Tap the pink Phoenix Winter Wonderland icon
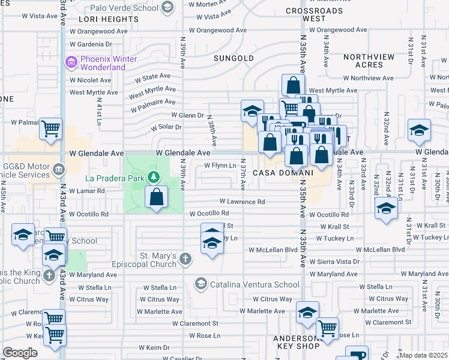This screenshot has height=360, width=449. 71,62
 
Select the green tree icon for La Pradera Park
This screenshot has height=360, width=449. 154,177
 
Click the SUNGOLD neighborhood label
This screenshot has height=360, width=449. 234,58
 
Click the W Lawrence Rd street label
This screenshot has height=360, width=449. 242,202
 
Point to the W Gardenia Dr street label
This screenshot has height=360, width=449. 91,44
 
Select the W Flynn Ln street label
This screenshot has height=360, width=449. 219,166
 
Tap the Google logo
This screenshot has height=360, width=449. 20,353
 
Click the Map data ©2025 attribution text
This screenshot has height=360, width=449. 423,355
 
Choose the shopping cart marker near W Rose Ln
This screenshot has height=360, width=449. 327,328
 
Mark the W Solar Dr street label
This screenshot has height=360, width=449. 166,127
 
